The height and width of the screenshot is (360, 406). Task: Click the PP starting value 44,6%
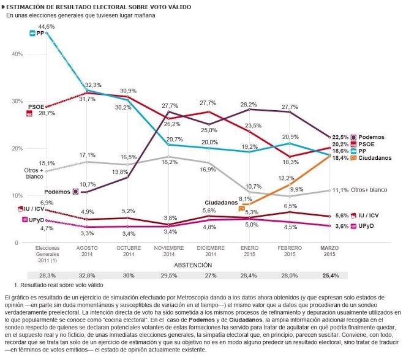click(47, 27)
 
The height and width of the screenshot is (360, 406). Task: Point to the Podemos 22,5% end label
click(340, 137)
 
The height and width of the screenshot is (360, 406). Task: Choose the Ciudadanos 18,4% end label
click(340, 157)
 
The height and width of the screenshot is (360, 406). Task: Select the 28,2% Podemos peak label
click(249, 105)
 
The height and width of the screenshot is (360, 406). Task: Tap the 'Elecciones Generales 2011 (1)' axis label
click(46, 254)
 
